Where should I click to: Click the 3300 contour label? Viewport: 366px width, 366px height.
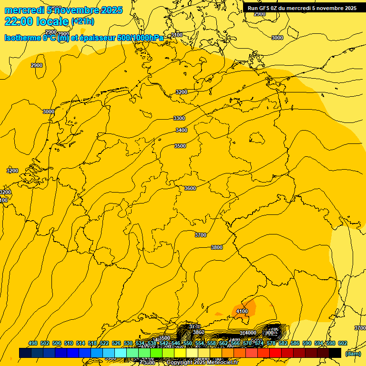179,118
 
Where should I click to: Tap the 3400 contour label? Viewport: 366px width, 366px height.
182,130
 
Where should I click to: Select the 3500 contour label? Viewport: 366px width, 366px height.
180,146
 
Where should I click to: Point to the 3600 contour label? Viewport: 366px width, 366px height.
190,188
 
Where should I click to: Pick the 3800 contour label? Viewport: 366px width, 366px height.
217,247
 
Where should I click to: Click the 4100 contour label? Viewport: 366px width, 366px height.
242,311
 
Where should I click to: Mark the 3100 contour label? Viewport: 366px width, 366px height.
177,35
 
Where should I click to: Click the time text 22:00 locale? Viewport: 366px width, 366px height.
36,21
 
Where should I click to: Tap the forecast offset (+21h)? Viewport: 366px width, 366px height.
82,21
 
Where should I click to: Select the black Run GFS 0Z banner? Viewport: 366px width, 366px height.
302,8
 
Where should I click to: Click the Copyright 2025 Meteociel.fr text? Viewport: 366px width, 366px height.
202,363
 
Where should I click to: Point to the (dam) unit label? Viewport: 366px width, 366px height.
353,354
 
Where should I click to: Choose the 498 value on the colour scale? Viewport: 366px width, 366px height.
33,343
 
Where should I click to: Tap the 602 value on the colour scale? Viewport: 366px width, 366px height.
342,343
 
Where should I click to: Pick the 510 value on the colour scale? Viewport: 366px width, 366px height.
69,343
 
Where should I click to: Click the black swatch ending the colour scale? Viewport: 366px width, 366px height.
335,353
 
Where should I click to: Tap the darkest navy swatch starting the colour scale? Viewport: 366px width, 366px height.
25,353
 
